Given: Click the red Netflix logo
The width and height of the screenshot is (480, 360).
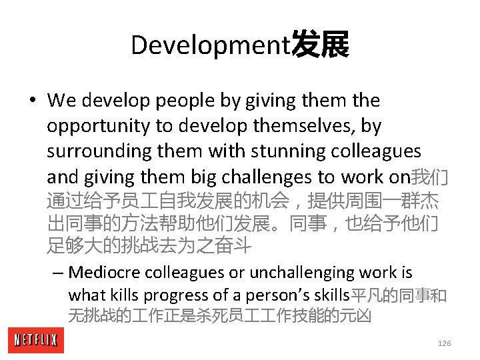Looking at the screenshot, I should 36,341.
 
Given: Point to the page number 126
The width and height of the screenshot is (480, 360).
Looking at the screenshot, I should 444,343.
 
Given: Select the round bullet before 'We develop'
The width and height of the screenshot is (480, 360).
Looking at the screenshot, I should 32,101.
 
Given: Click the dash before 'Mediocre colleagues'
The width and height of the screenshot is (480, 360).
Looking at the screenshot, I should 59,273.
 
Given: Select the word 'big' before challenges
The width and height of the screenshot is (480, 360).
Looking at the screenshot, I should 203,177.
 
